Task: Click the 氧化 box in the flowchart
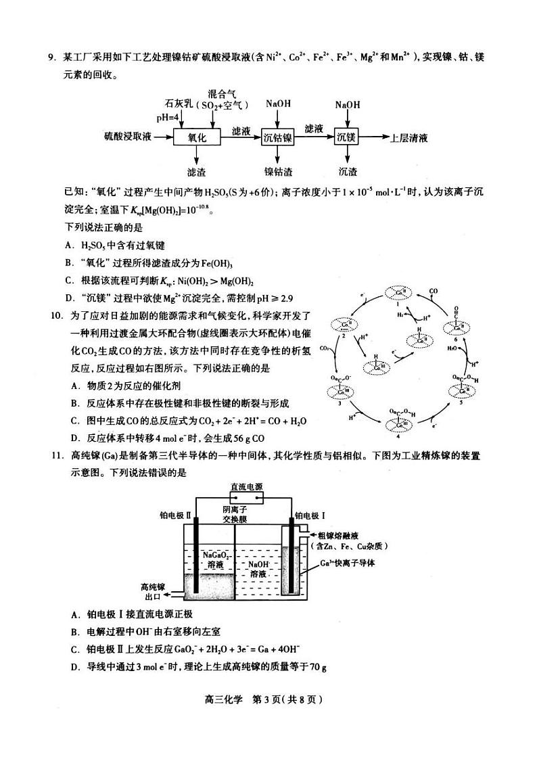point(193,137)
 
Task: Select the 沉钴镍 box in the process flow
point(278,137)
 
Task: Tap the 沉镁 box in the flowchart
point(346,137)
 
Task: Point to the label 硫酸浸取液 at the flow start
point(128,137)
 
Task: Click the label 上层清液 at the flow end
point(409,137)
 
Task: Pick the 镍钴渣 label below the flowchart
point(278,172)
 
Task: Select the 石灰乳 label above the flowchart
point(180,104)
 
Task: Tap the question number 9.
point(51,57)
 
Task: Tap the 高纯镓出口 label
point(154,592)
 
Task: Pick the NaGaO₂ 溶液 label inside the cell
point(216,559)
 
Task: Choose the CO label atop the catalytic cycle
point(434,291)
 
